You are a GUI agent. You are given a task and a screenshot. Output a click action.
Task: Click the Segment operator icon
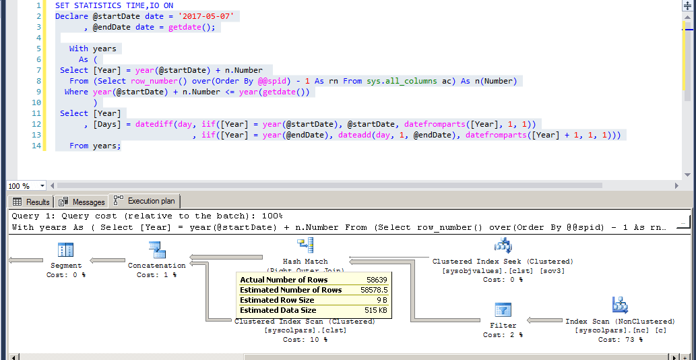(65, 250)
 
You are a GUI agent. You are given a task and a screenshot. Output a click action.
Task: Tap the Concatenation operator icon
(157, 250)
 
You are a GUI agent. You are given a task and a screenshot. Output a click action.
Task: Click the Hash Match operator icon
(305, 246)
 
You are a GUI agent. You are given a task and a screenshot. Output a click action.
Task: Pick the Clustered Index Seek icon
(503, 246)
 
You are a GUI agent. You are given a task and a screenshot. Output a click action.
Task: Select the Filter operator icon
(503, 309)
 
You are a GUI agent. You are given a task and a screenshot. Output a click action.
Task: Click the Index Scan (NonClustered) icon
(620, 305)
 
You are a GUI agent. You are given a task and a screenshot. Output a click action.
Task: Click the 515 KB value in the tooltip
(375, 310)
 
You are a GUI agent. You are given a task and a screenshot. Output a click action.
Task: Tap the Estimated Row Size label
(277, 300)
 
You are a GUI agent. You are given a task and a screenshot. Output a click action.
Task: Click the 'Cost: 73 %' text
(620, 339)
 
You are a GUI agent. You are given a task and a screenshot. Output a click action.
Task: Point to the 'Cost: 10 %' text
(305, 339)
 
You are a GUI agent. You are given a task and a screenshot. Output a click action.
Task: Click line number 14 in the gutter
(36, 146)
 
